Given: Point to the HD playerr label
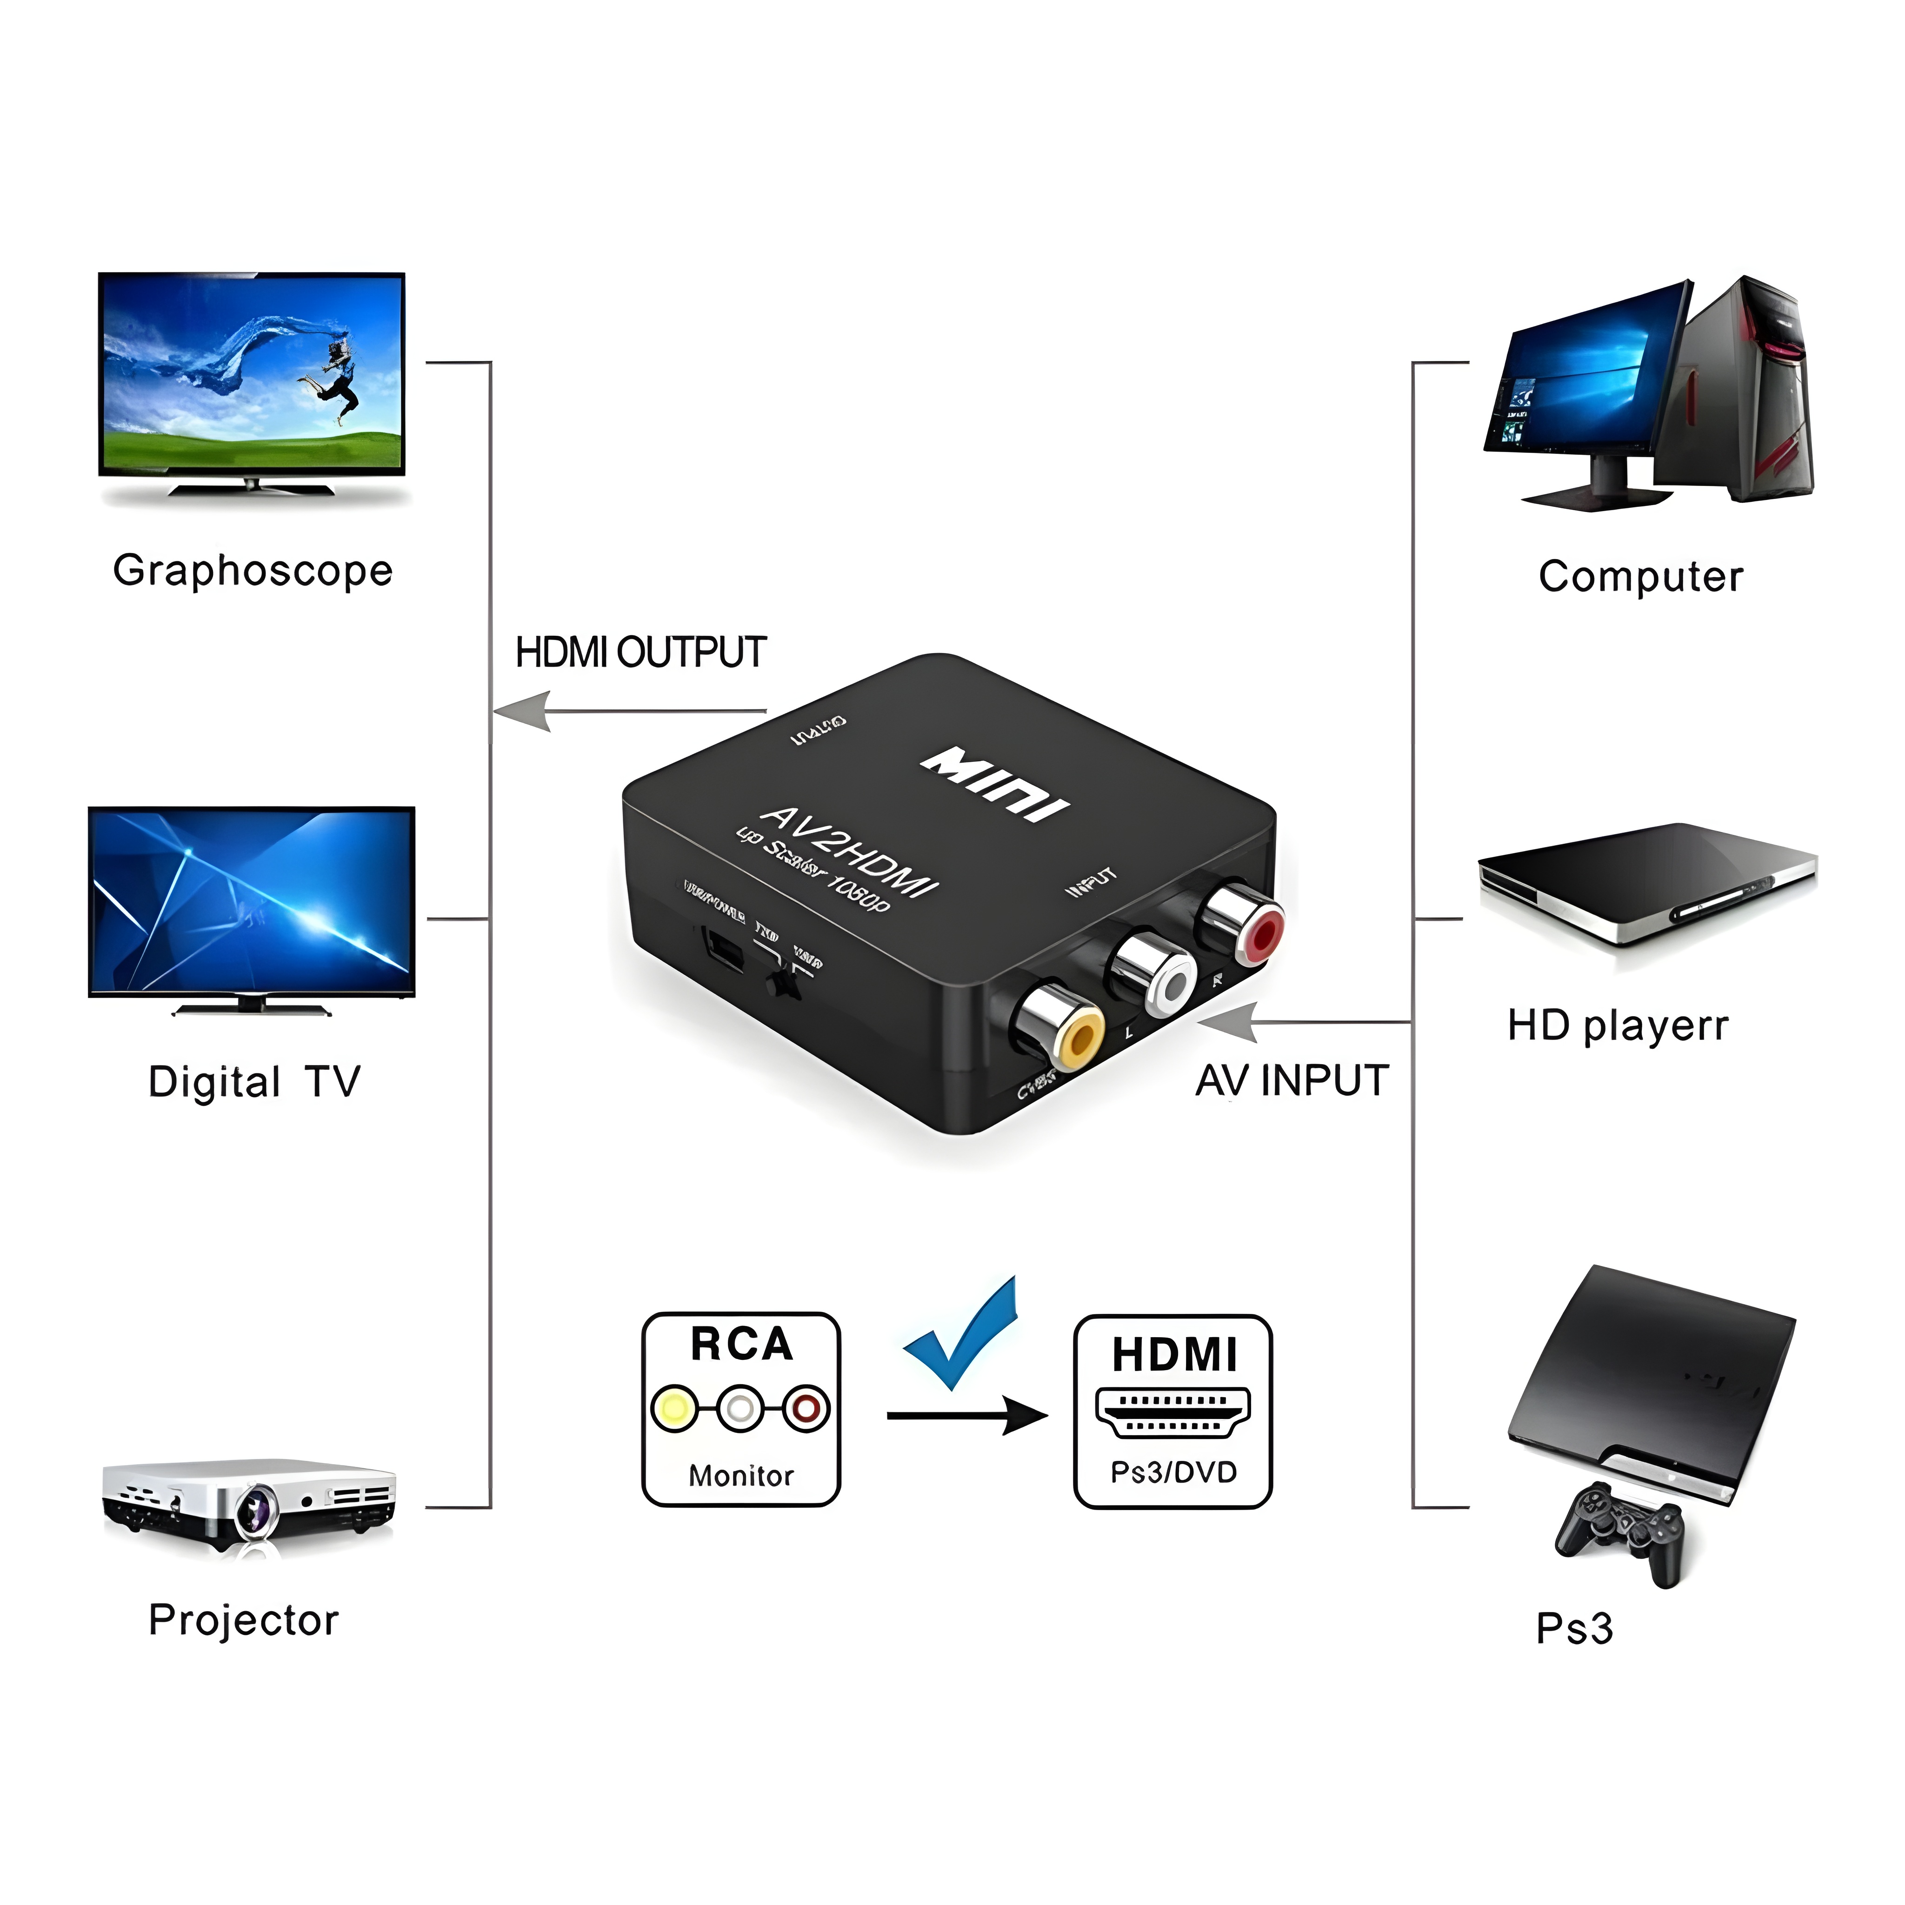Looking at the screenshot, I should click(x=1617, y=1026).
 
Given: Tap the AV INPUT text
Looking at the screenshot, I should click(x=1292, y=1081).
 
